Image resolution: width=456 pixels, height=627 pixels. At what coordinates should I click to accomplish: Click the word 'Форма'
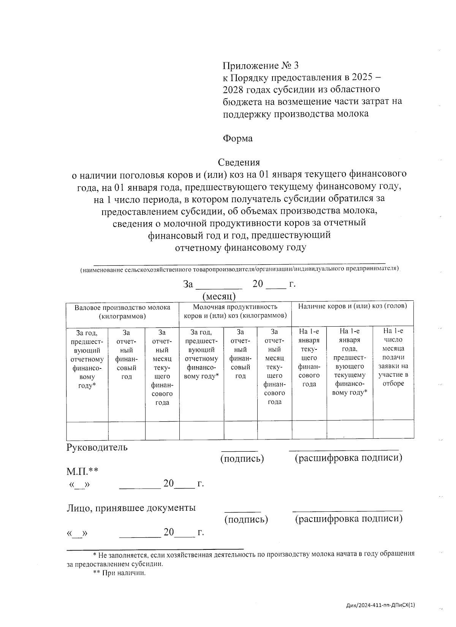(x=237, y=138)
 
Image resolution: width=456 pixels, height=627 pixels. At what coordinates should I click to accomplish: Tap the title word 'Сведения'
(x=239, y=162)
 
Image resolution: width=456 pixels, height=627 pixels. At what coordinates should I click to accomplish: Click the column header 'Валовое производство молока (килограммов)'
(x=122, y=311)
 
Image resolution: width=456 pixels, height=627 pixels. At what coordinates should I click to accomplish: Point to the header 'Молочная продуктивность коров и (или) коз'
(x=235, y=311)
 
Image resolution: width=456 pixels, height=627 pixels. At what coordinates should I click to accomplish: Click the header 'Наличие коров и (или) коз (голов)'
(x=352, y=306)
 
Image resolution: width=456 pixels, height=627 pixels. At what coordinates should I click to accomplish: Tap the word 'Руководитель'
(x=97, y=447)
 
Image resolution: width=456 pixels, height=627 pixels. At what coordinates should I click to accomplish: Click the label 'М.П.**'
(x=82, y=471)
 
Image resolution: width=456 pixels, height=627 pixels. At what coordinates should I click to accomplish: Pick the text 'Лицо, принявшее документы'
(x=131, y=508)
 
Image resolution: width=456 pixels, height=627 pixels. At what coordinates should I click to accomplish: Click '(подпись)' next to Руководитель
(x=242, y=459)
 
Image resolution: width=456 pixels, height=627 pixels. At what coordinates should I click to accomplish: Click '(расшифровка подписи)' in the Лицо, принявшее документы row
(x=348, y=519)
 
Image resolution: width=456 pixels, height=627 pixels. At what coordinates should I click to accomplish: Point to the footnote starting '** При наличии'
(x=119, y=573)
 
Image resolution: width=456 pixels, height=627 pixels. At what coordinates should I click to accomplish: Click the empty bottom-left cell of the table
(x=87, y=431)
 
